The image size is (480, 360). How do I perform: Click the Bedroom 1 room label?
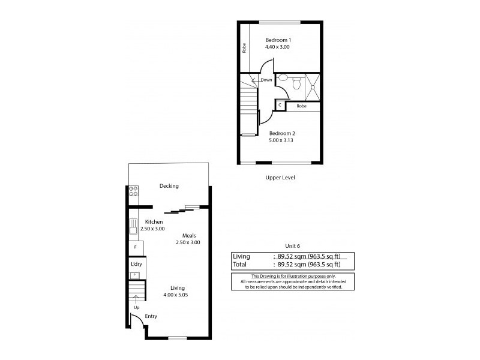tap(278, 40)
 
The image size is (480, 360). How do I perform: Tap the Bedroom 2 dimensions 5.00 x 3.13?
tap(281, 140)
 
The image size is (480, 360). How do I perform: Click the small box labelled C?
tap(280, 106)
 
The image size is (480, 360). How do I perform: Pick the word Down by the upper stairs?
tap(266, 80)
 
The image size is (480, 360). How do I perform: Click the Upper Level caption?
tap(280, 178)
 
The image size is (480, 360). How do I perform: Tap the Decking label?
tap(169, 186)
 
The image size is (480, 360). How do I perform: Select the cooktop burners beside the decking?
tap(133, 191)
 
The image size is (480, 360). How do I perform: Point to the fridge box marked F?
tap(136, 247)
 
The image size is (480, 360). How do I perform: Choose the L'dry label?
tap(136, 264)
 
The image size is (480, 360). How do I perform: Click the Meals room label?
tap(188, 235)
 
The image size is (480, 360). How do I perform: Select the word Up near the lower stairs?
tap(136, 307)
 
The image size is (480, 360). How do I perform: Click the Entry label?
tap(151, 316)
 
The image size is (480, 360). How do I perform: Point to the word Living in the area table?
tap(241, 256)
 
